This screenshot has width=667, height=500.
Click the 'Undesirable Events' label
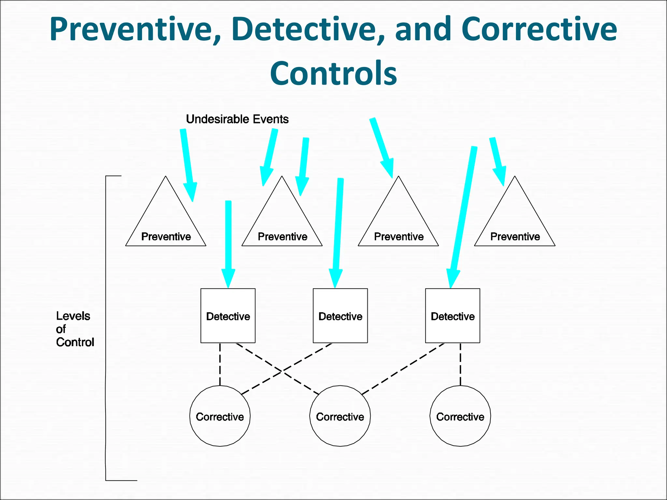tap(237, 119)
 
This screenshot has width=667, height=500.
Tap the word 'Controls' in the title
tap(333, 73)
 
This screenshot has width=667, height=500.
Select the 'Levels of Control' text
tap(75, 329)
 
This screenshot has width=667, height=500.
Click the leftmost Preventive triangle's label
tap(166, 236)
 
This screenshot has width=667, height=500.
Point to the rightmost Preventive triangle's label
tap(515, 236)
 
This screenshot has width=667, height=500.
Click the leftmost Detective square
tap(228, 315)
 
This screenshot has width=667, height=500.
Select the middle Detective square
tap(340, 315)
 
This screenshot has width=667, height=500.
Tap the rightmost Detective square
tap(453, 315)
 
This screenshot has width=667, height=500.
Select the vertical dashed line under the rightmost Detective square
tap(460, 364)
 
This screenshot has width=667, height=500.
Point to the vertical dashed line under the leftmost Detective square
tap(220, 364)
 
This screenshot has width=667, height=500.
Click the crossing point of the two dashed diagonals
tap(282, 371)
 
